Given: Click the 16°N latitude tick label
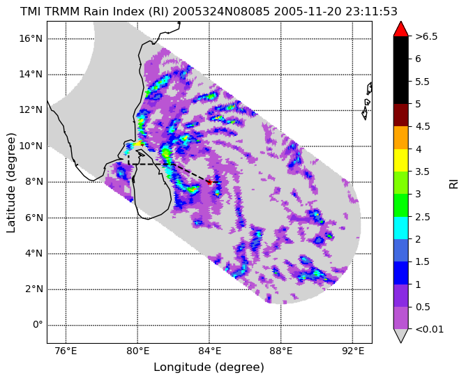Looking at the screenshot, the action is (x=31, y=39).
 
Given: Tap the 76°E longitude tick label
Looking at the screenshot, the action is (x=66, y=351).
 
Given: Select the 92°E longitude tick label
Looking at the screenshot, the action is (x=353, y=351).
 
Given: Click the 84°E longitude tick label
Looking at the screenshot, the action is (x=209, y=351).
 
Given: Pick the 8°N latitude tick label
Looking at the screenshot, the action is (x=33, y=181).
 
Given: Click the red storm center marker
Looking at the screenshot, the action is (x=209, y=182).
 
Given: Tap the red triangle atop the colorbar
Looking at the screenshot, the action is (x=400, y=29).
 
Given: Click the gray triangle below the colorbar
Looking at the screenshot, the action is (x=400, y=335).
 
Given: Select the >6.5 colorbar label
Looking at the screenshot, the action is (x=426, y=36).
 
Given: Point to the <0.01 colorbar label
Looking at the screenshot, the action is (x=430, y=329).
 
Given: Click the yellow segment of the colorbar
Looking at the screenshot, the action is (x=400, y=160).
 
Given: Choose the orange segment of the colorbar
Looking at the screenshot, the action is (x=400, y=137).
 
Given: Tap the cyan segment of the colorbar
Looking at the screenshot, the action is (x=400, y=228).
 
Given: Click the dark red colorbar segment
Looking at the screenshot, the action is (x=400, y=115).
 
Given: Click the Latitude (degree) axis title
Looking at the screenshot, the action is (x=10, y=183).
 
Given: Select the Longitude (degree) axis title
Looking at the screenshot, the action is (x=209, y=367).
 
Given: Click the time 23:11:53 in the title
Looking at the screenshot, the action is (x=372, y=12).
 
